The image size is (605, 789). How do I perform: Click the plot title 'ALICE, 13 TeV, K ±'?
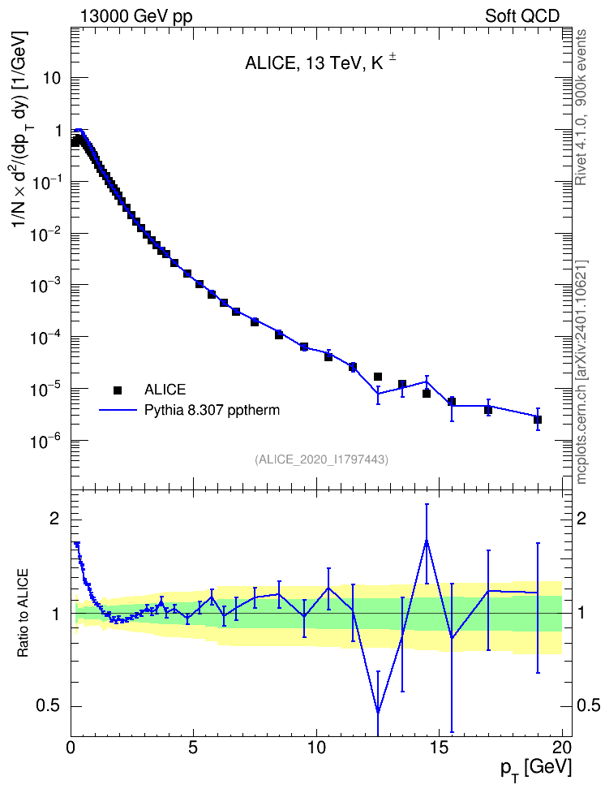point(320,63)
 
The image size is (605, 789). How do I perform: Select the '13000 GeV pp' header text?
point(135,16)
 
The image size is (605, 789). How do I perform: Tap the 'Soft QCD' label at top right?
point(522,15)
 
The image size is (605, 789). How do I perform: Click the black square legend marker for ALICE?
point(118,390)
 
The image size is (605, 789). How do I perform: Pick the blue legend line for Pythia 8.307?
point(118,410)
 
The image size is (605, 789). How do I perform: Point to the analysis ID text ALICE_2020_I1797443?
point(322,459)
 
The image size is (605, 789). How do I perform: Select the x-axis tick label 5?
point(194,747)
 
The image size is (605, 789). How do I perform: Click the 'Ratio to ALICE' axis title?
point(24,613)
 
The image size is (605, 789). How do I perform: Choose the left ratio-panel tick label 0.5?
point(49,706)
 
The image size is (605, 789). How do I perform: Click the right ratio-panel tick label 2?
point(581,519)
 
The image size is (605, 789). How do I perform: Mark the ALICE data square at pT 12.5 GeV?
point(378,377)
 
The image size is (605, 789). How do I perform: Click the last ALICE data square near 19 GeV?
point(538,420)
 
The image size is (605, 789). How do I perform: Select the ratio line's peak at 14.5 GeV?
point(427,541)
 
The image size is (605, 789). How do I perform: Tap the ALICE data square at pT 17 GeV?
point(488,410)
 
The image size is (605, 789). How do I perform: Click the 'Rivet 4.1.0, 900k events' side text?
point(581,107)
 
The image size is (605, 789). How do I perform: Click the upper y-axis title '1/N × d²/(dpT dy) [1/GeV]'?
point(20,128)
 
